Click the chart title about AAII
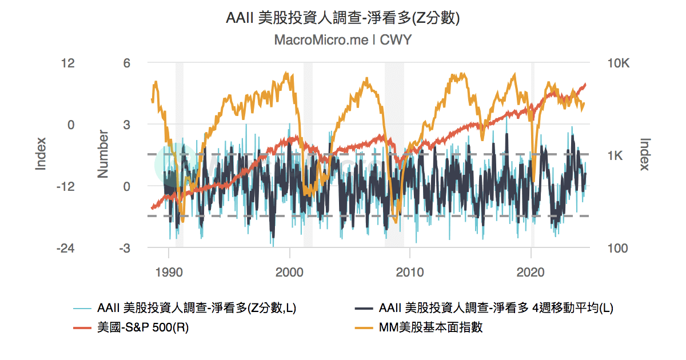point(343,18)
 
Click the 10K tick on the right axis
point(617,63)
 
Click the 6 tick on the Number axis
point(127,63)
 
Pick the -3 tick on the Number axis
point(125,249)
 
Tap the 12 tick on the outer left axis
point(68,63)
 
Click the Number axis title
point(103,154)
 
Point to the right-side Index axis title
point(645,154)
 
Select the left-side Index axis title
point(41,154)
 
